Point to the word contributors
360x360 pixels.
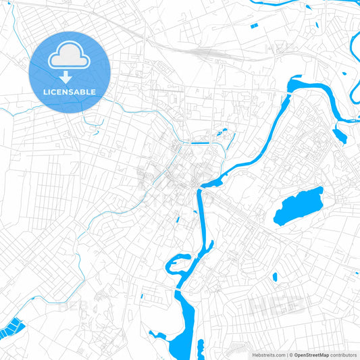[344, 354]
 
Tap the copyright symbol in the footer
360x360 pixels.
[291, 354]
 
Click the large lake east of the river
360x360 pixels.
[298, 206]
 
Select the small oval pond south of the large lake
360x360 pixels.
[276, 276]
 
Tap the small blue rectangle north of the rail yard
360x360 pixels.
[255, 26]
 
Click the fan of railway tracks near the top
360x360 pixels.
[196, 51]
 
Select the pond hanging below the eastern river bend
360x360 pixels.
[340, 135]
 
